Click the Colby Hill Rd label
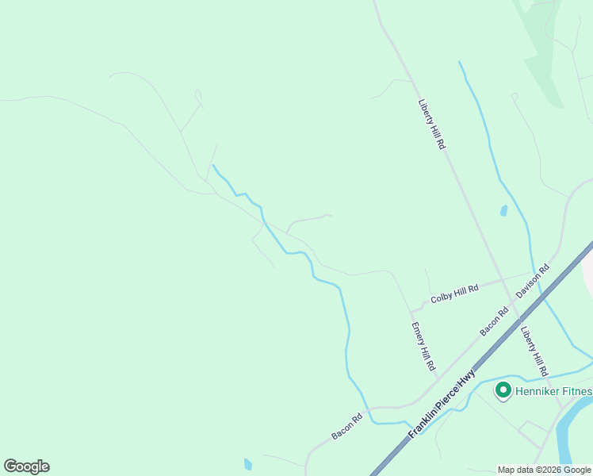pos(454,294)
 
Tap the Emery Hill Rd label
pos(423,347)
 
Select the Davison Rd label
pos(533,282)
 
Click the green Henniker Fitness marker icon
pos(503,390)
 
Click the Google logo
pos(26,466)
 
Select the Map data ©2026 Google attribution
pos(545,470)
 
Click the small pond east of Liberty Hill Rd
pos(503,211)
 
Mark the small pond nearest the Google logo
pos(248,464)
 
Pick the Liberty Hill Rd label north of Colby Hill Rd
pos(432,124)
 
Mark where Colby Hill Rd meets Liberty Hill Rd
pos(501,280)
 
